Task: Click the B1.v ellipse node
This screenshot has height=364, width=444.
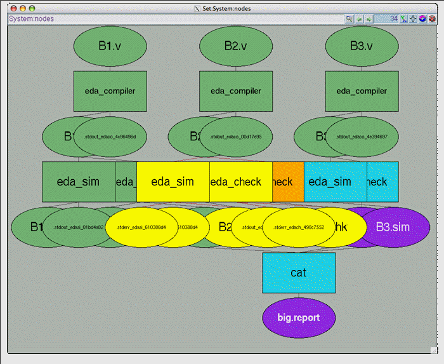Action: pos(110,46)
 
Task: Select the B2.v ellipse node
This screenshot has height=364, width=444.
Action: pos(236,46)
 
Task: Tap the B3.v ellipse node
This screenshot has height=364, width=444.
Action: pos(362,46)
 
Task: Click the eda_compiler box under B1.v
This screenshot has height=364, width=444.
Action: pos(110,91)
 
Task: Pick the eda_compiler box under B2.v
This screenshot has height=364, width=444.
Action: pos(236,91)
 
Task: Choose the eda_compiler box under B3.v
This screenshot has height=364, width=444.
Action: pos(362,91)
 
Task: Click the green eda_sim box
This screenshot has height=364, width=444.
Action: pos(78,182)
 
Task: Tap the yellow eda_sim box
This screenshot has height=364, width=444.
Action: pos(173,182)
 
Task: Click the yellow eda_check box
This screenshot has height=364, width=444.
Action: pos(240,182)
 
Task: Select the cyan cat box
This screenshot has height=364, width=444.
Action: pos(299,273)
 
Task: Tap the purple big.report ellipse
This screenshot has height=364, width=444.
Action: pos(299,317)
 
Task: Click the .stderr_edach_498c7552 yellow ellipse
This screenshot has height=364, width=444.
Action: pos(298,227)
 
